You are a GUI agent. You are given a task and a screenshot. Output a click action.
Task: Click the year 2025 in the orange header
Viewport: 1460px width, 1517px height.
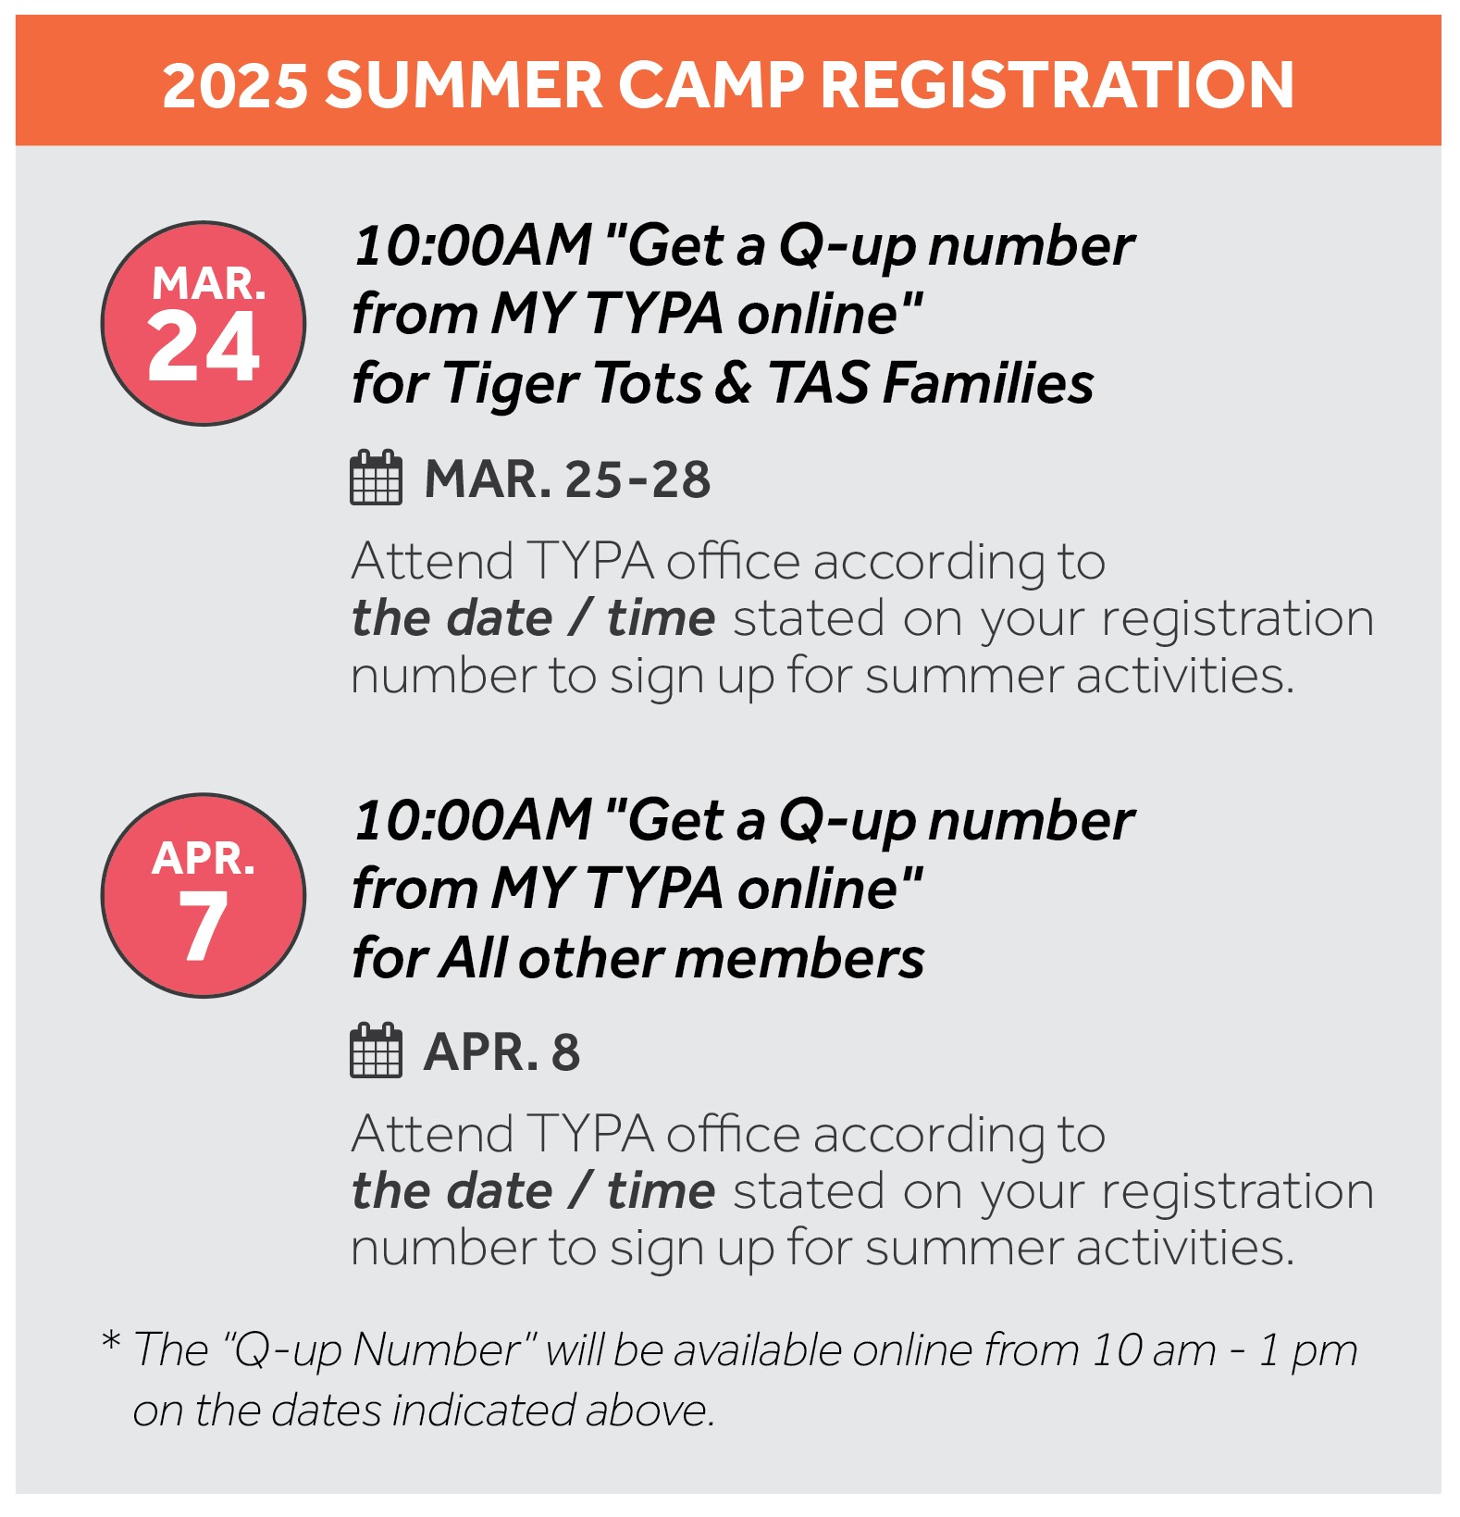click(x=235, y=85)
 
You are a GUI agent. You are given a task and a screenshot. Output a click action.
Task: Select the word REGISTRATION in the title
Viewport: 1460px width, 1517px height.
click(x=1057, y=85)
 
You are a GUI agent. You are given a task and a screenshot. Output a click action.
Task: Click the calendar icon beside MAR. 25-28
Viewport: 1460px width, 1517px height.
click(x=376, y=479)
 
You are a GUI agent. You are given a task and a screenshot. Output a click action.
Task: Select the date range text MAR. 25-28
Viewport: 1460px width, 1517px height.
click(x=567, y=479)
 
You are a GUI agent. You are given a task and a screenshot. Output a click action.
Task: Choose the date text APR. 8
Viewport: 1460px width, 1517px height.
click(x=502, y=1052)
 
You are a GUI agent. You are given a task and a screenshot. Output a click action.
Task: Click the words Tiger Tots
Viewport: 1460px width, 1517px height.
click(x=573, y=383)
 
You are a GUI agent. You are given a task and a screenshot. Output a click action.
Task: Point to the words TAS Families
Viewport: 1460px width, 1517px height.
click(x=931, y=383)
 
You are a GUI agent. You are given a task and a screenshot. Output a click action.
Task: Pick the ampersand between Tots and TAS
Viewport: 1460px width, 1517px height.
click(x=734, y=383)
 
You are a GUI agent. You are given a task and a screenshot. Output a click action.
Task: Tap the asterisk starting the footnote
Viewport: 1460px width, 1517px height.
click(x=111, y=1342)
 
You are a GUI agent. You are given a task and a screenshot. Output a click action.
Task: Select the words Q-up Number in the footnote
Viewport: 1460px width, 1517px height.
click(x=378, y=1350)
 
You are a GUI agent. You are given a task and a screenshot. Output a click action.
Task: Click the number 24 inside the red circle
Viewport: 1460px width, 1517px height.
click(x=204, y=346)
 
